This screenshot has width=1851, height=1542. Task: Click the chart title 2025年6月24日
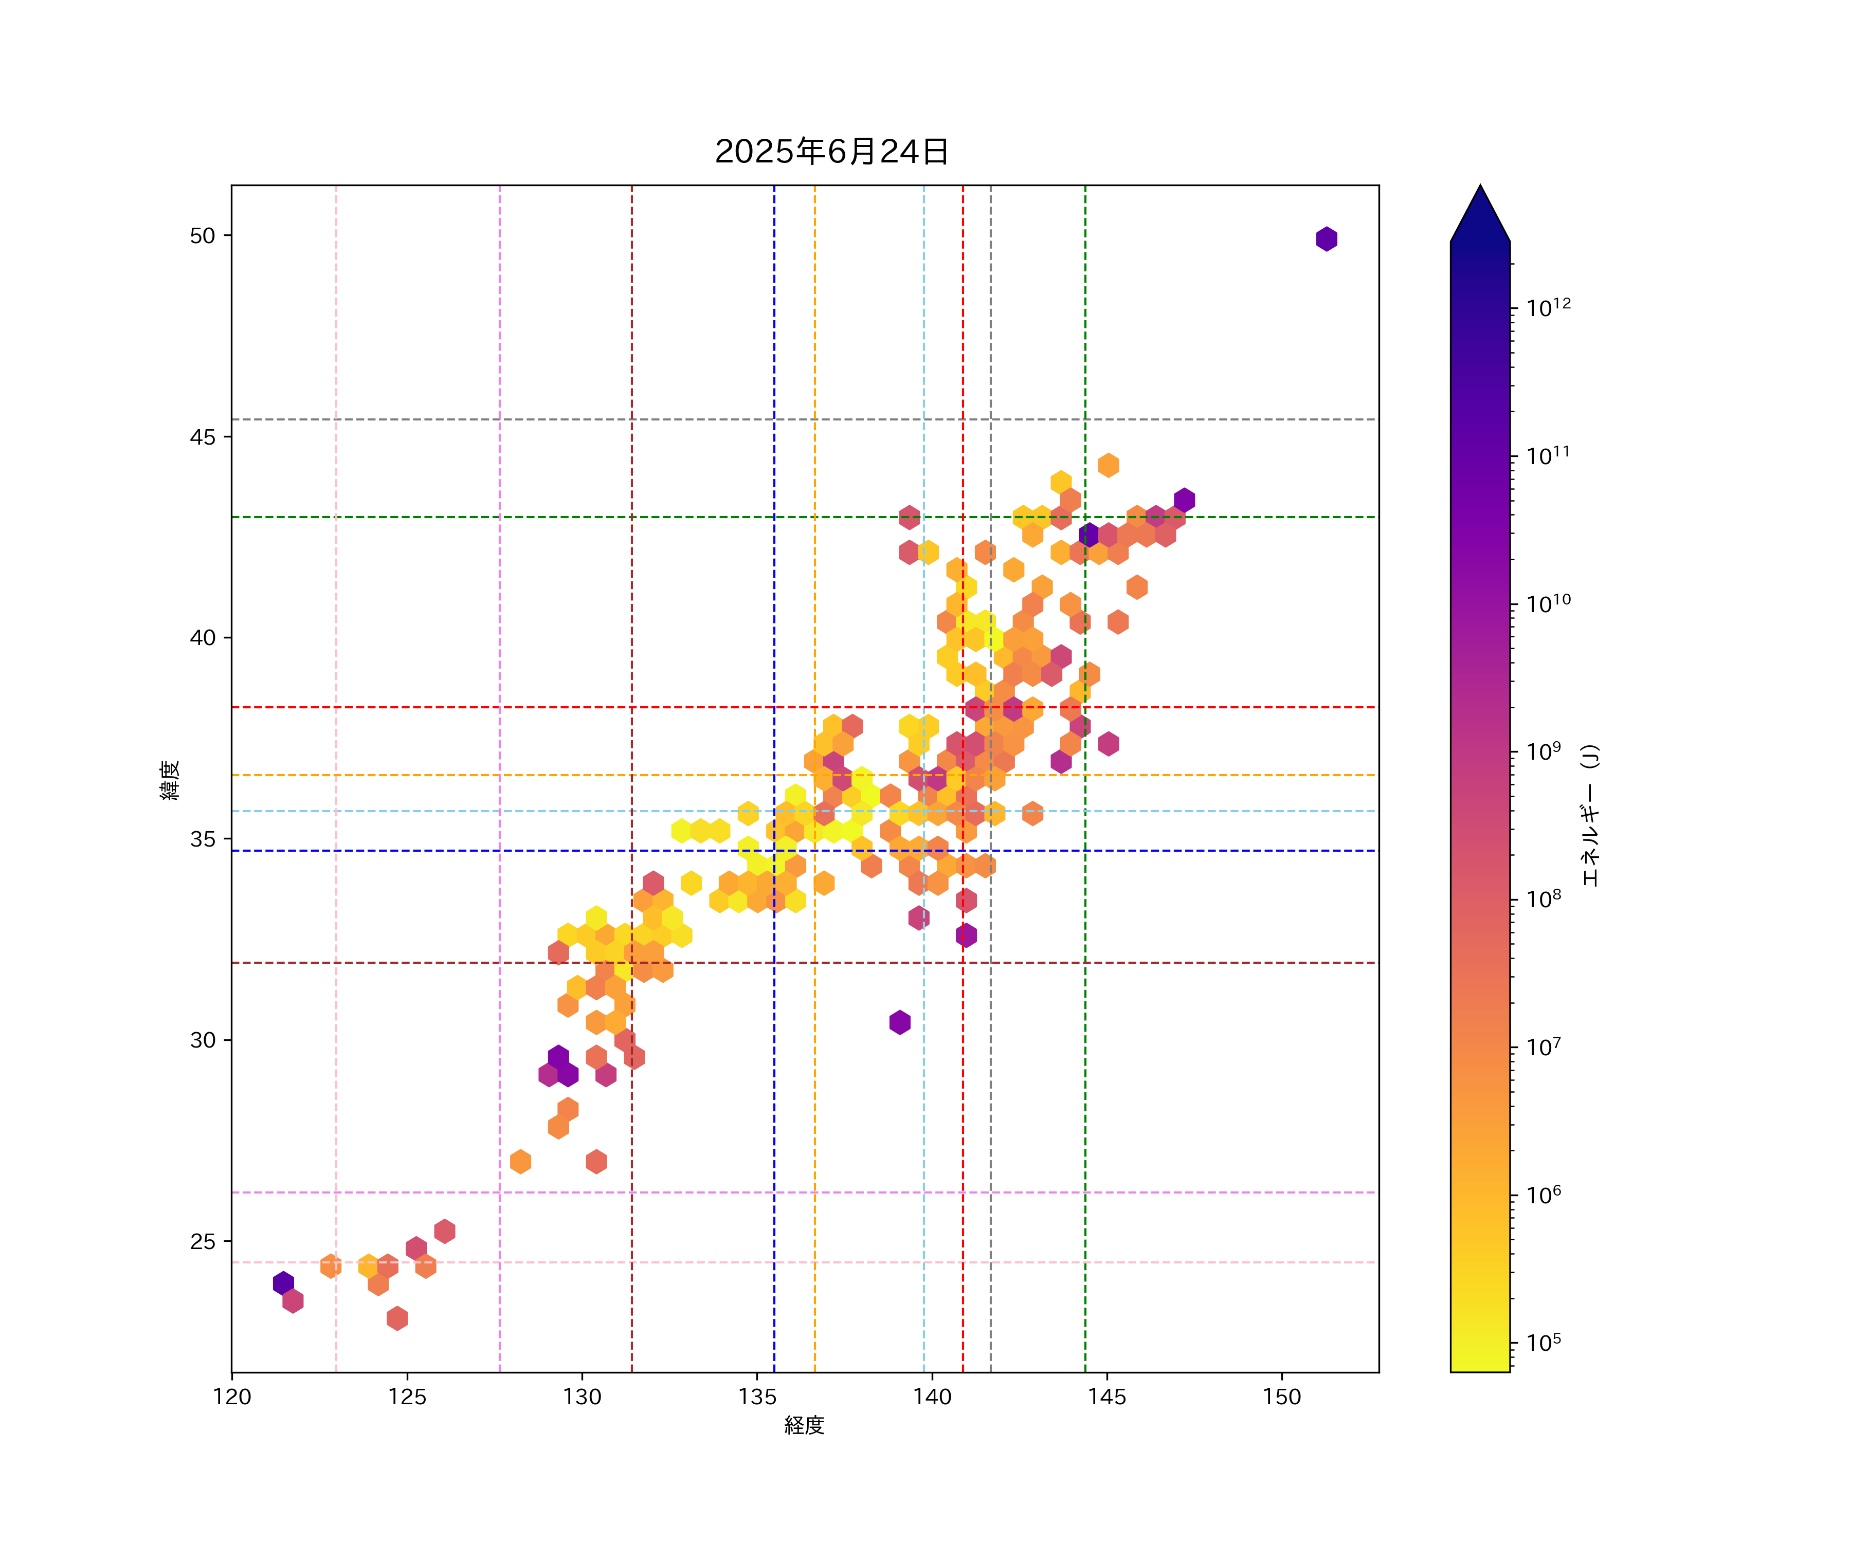coord(831,152)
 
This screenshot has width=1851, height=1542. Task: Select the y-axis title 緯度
coord(170,780)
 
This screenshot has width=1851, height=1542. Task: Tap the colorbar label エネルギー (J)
coord(1589,815)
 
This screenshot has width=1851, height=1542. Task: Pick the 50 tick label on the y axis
coord(203,235)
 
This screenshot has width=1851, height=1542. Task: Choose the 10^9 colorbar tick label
coord(1544,751)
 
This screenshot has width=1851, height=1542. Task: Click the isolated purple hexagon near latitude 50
coord(1327,239)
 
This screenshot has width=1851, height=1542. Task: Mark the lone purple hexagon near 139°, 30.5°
coord(899,1022)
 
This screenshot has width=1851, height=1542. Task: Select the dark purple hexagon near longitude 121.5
coord(283,1283)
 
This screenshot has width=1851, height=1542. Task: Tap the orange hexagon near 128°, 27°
coord(520,1161)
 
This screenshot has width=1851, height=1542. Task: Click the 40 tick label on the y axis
coord(203,638)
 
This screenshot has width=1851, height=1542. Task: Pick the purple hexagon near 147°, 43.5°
coord(1184,500)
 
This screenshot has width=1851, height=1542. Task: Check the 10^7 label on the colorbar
coord(1544,1047)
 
